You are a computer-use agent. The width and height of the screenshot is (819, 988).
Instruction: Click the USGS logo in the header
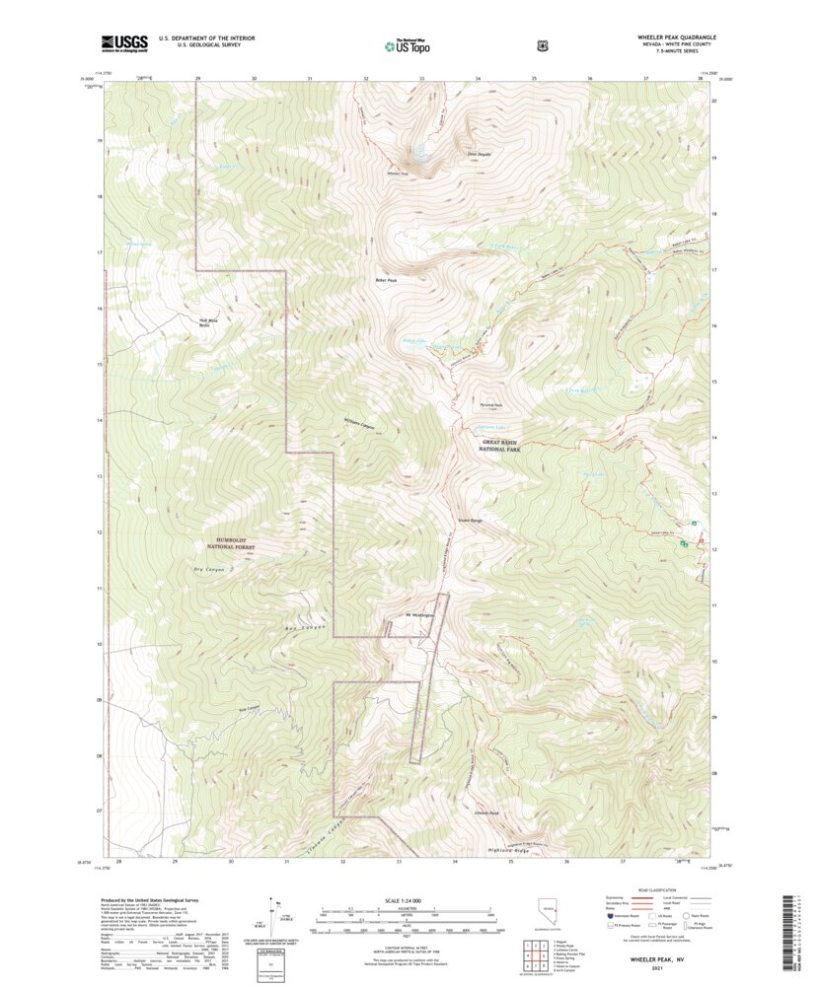tap(123, 42)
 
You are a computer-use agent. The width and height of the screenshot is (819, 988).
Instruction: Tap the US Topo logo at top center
tap(411, 44)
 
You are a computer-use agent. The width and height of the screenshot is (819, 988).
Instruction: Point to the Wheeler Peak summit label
tap(398, 175)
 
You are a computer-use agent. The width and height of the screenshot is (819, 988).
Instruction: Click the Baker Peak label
tap(386, 279)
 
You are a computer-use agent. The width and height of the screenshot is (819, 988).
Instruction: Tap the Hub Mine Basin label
tap(202, 322)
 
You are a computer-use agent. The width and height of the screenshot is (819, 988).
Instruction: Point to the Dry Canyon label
tap(209, 570)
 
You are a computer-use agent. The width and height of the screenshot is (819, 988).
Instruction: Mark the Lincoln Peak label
tap(486, 813)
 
